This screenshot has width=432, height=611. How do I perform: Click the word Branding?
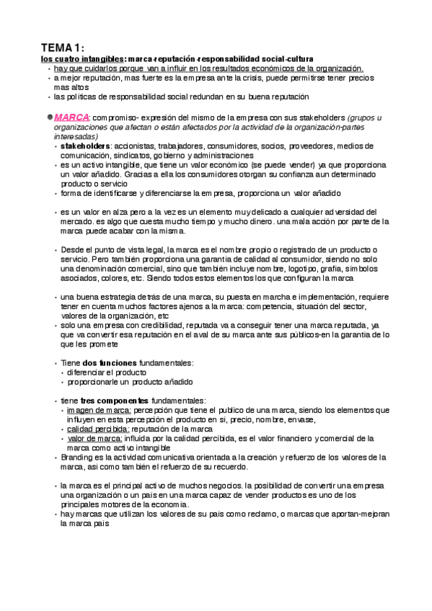78,457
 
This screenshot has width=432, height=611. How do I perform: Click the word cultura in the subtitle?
303,58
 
